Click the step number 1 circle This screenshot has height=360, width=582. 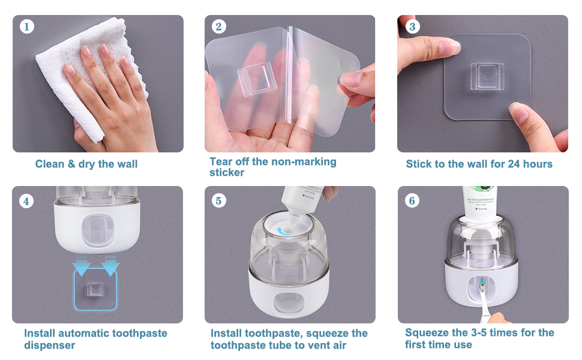coord(26,26)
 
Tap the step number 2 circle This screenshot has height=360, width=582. coord(218,26)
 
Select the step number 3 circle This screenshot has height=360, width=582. coord(412,26)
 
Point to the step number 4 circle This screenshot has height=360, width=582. coord(26,200)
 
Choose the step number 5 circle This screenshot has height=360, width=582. coord(218,200)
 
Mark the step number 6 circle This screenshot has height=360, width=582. coord(412,200)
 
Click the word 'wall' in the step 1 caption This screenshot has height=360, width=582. coord(126,164)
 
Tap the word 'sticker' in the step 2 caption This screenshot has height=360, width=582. coord(227,173)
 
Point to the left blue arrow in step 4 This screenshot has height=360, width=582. coord(81,266)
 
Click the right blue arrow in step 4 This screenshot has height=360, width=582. coord(110,266)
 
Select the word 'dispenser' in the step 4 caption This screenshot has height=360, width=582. coord(50,345)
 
